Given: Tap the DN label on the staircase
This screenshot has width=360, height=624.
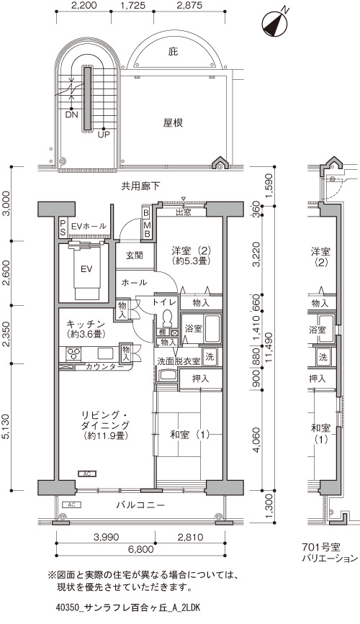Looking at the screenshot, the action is coord(72,115).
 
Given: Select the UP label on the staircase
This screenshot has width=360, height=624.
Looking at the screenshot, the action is coord(104,135).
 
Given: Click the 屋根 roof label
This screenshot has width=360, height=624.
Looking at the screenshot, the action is coord(173,122).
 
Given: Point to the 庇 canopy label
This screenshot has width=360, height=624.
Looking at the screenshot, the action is coord(173,51).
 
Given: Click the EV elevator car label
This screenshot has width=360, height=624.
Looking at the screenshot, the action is coord(86,269).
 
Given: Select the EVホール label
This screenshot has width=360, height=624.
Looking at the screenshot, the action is coord(89,226).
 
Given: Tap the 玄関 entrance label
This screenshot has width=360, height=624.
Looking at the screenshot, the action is coord(135,255).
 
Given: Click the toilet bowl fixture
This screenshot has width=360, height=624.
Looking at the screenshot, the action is coord(167,317).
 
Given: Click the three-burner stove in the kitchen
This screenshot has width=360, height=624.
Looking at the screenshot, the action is coord(73,353).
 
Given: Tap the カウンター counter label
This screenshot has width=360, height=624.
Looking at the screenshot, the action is coord(104,366).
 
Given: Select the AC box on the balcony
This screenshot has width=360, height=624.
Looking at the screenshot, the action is coord(72,505).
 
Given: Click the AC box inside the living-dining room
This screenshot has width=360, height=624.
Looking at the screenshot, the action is coord(87,474).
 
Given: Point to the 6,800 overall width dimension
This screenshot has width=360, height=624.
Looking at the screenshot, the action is coord(140,550).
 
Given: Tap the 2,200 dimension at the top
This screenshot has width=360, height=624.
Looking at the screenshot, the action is coord(84,6).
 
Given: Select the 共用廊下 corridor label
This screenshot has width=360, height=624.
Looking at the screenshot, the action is coord(140,186).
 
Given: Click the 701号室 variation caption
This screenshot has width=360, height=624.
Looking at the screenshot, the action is coord(321,548).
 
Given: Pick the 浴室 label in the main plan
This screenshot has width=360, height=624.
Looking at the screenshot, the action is coord(193,329).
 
